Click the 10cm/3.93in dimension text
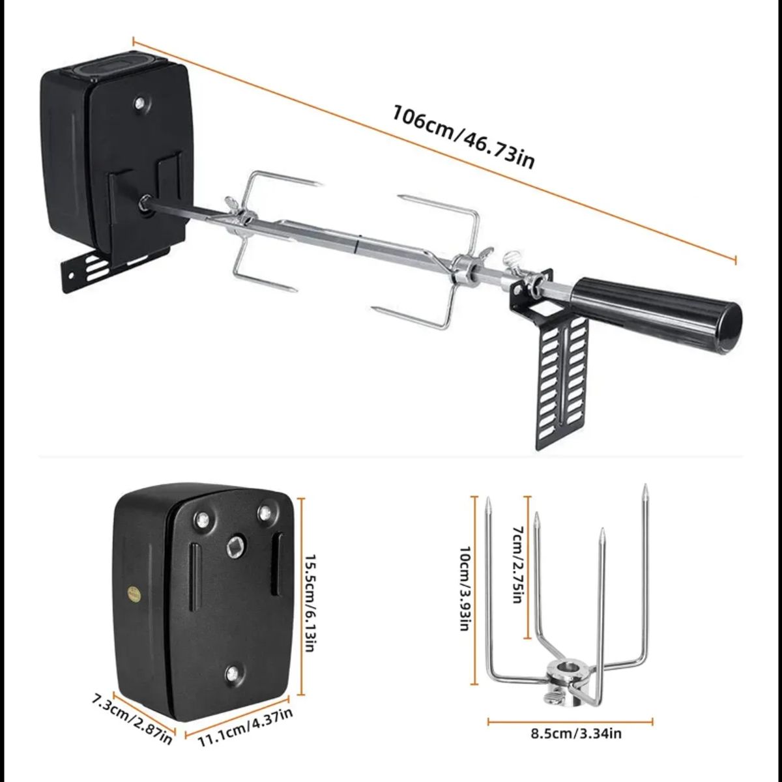pyautogui.click(x=466, y=588)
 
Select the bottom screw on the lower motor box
pyautogui.click(x=233, y=673)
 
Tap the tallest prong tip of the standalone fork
pyautogui.click(x=644, y=489)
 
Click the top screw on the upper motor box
pyautogui.click(x=139, y=102)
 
